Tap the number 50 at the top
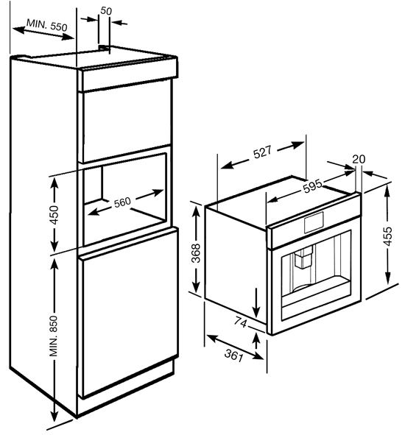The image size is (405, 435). [x=106, y=11]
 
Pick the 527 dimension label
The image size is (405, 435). [x=264, y=152]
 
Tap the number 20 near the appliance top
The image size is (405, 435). [x=359, y=158]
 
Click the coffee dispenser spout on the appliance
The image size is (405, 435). [x=303, y=258]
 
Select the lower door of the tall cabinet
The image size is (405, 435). [x=127, y=316]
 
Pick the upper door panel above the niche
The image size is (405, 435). [x=127, y=121]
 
